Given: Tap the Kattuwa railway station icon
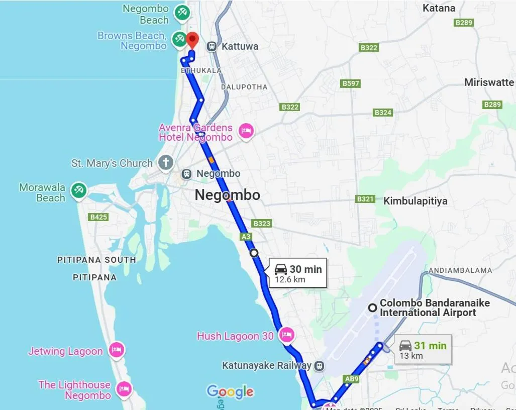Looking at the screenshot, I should pyautogui.click(x=212, y=46).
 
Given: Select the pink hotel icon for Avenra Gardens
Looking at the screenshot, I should pyautogui.click(x=246, y=132).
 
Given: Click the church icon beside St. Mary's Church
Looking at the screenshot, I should pyautogui.click(x=165, y=162).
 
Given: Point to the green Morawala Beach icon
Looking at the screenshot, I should pyautogui.click(x=78, y=190).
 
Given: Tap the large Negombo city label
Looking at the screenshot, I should pyautogui.click(x=227, y=195).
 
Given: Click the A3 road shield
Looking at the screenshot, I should pyautogui.click(x=246, y=236).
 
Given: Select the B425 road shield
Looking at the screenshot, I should pyautogui.click(x=98, y=217).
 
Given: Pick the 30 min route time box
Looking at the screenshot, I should pyautogui.click(x=298, y=273).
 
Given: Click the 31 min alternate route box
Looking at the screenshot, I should pyautogui.click(x=423, y=349).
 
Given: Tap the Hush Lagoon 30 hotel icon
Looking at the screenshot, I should pyautogui.click(x=286, y=335).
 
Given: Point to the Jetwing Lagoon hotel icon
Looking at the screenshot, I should pyautogui.click(x=117, y=350).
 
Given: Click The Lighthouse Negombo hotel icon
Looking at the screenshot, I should pyautogui.click(x=124, y=388).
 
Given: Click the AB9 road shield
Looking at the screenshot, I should pyautogui.click(x=351, y=379).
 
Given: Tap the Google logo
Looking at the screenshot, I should pyautogui.click(x=230, y=391).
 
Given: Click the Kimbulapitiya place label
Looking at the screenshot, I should pyautogui.click(x=415, y=201).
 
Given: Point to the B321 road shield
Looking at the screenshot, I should pyautogui.click(x=365, y=199).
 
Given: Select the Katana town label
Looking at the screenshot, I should pyautogui.click(x=439, y=8).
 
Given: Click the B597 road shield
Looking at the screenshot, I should pyautogui.click(x=350, y=83).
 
